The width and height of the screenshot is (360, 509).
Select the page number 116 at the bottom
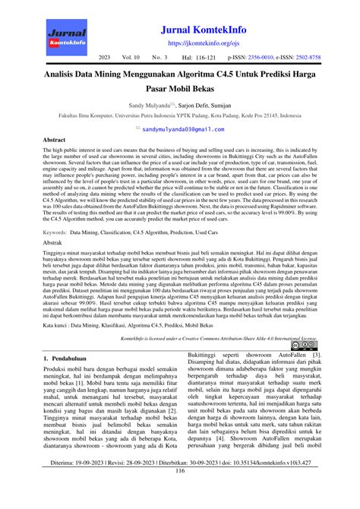click(180, 492)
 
